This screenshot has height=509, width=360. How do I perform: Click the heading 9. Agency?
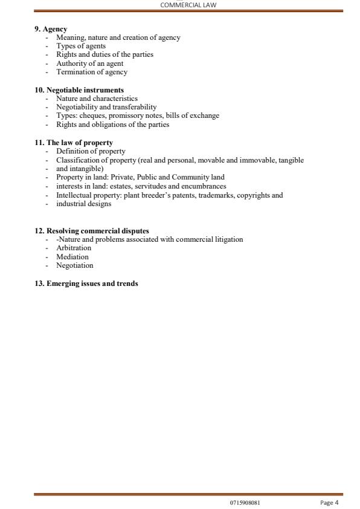(51, 29)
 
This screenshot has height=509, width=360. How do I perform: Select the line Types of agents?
(81, 46)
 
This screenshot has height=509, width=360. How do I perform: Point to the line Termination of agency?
(92, 71)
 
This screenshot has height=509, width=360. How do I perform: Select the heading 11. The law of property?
(74, 143)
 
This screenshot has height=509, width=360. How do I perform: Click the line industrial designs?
(83, 204)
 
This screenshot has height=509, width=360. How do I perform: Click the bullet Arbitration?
(74, 248)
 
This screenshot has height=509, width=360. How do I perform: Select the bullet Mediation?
(72, 256)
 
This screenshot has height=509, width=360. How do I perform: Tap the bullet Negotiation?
(75, 265)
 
